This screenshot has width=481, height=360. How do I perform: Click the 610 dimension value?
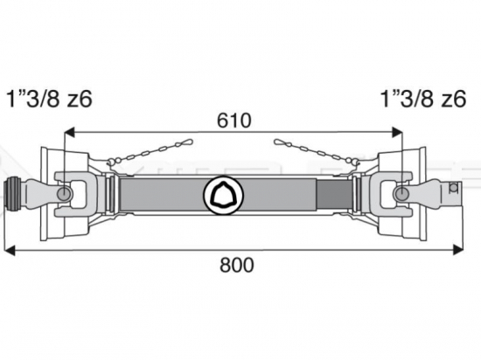click(x=234, y=121)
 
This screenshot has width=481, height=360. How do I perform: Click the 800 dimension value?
click(x=237, y=265)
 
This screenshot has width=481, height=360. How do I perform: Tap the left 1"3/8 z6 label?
click(x=49, y=99)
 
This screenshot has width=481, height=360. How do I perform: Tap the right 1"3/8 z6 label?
click(x=423, y=99)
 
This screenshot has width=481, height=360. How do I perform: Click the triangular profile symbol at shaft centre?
click(x=223, y=194)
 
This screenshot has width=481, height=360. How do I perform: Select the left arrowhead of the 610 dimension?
click(x=69, y=132)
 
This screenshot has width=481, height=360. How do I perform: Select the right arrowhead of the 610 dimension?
click(x=397, y=132)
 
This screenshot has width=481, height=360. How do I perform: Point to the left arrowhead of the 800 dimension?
click(x=10, y=250)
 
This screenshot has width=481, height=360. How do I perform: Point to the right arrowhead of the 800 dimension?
click(x=458, y=250)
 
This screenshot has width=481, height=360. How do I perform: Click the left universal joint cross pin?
click(x=65, y=194)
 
